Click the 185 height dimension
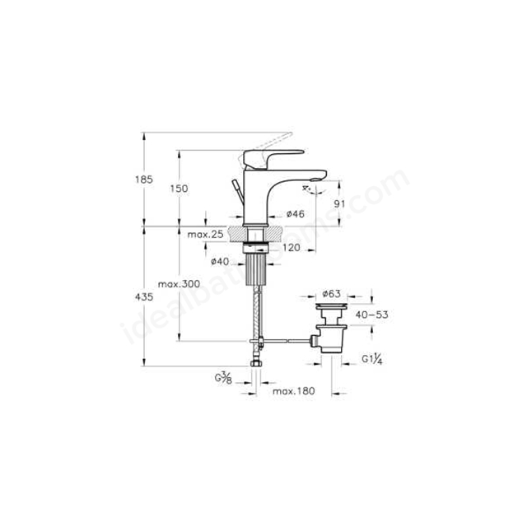144,180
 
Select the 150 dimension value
179,189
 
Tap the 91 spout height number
339,203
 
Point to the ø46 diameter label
296,214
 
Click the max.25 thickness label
205,234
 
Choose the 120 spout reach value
291,247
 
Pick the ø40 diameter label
220,261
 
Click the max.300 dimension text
179,284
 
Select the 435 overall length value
144,296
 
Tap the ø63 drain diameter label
331,294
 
